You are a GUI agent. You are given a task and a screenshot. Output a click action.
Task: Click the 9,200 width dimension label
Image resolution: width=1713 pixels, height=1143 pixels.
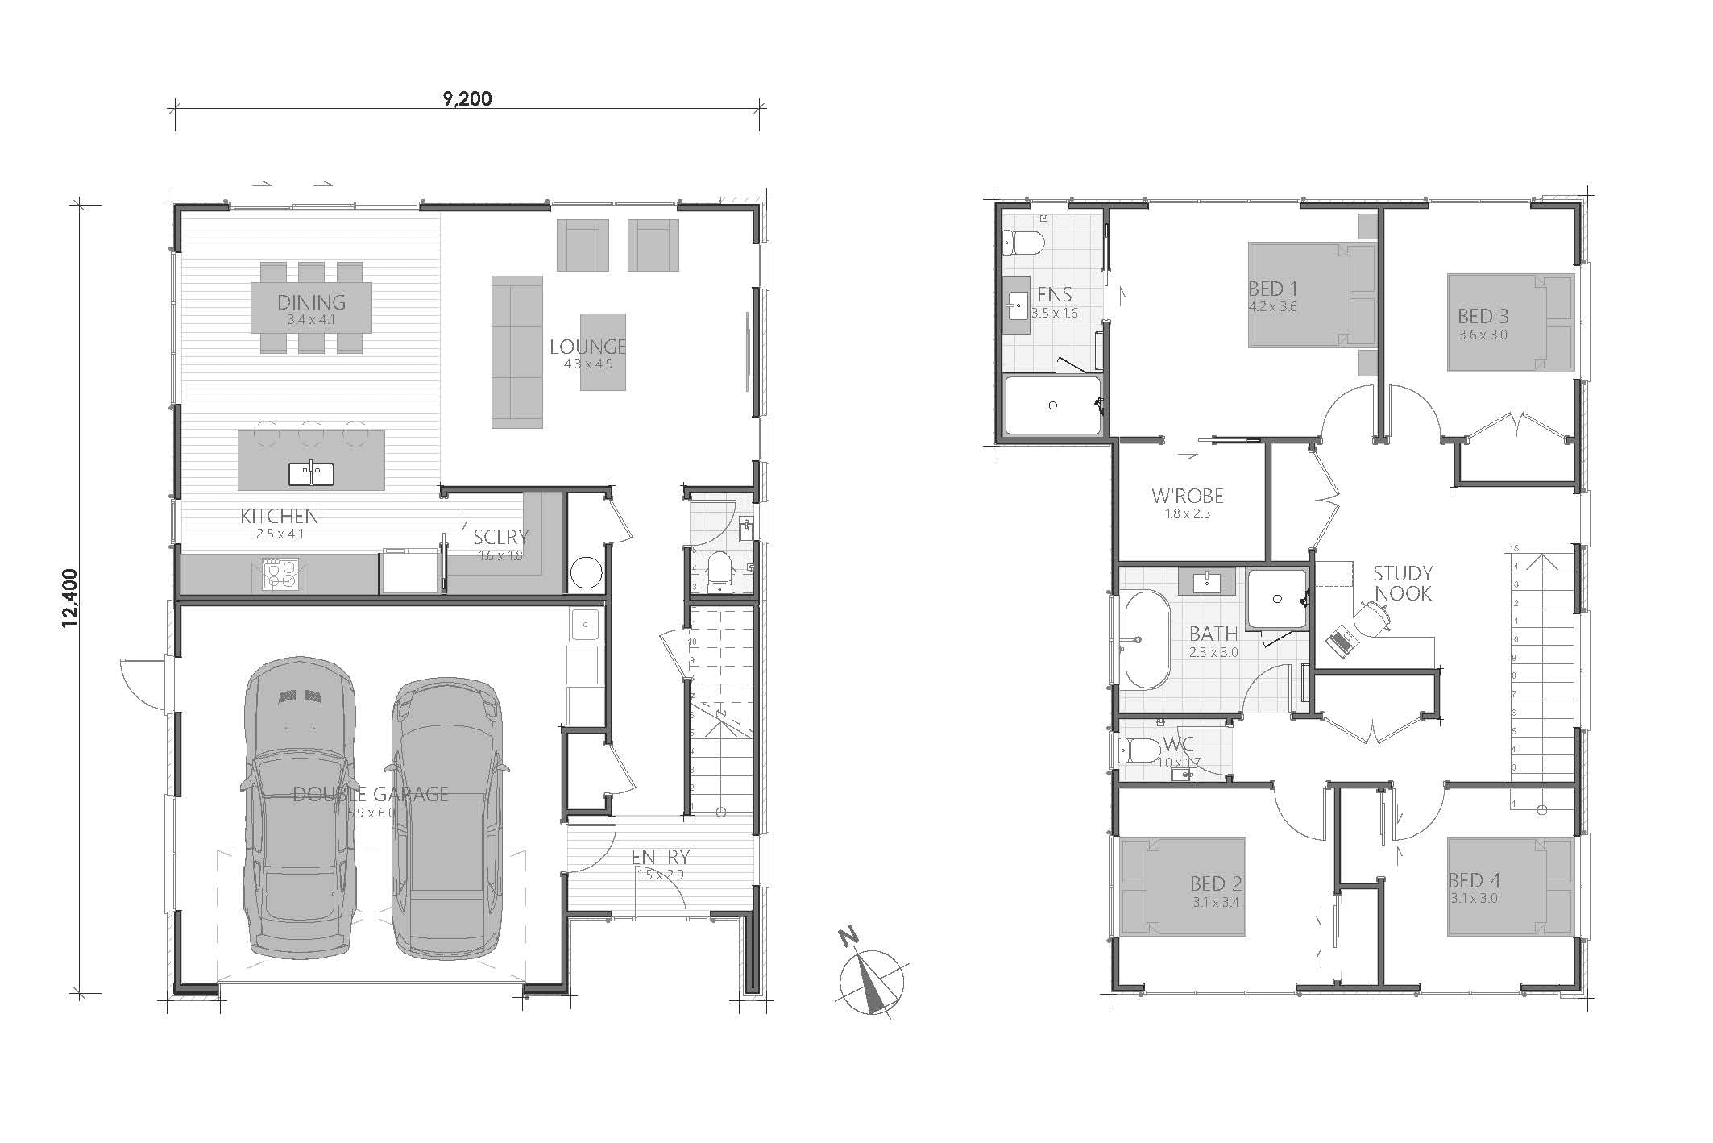467,99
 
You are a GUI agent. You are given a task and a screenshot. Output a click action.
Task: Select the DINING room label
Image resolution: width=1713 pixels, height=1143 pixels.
311,302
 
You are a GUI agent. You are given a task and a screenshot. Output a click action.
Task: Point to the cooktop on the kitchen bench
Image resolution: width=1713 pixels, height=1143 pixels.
280,576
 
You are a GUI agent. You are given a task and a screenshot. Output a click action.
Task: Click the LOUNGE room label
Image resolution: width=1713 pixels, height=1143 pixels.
587,347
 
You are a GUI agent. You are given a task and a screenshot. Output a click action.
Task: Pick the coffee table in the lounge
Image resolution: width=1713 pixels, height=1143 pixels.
603,352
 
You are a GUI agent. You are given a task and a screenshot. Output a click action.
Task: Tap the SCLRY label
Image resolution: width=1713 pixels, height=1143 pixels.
500,537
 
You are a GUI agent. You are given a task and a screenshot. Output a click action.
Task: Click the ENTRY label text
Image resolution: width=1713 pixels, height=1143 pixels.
660,857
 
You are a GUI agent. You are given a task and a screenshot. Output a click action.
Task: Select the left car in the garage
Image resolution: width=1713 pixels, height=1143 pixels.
299,806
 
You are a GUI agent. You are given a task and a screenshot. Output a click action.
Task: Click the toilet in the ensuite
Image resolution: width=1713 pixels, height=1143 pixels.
1022,241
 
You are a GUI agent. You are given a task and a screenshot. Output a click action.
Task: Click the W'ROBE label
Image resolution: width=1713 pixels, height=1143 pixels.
1187,496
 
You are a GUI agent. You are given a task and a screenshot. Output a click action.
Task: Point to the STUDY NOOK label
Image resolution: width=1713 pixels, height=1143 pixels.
1403,584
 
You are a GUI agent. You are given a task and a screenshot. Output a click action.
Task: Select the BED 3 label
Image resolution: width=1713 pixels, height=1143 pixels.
1483,316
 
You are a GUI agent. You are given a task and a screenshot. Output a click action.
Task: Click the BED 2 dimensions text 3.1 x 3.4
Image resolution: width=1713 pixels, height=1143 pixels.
1216,903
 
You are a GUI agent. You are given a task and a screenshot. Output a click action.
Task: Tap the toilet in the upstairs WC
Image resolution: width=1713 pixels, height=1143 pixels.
1137,751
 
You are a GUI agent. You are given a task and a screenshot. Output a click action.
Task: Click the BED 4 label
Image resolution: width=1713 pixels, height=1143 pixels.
1474,880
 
